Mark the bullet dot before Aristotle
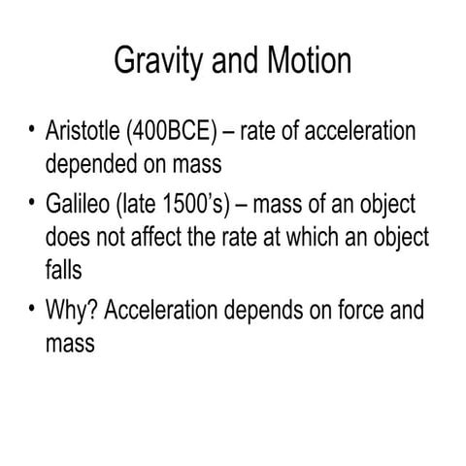31,131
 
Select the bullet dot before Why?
31,312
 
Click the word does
67,236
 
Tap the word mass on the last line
71,342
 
